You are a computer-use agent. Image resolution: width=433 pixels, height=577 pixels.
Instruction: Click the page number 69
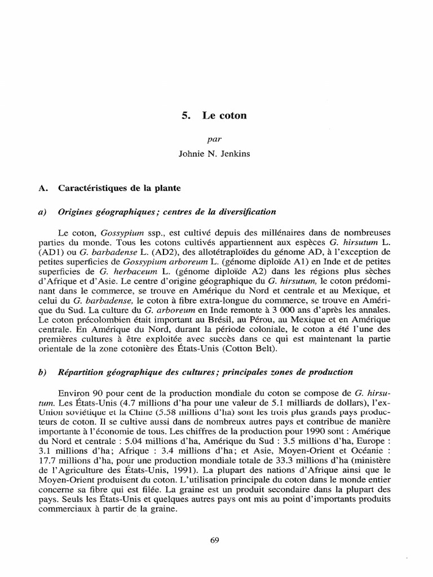coord(214,540)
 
